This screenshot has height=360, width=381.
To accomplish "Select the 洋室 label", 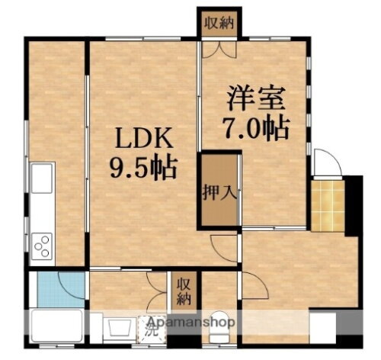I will tap(254, 99).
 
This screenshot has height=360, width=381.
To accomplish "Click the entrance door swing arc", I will tap(325, 162).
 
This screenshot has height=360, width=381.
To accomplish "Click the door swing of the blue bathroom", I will tap(75, 284).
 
